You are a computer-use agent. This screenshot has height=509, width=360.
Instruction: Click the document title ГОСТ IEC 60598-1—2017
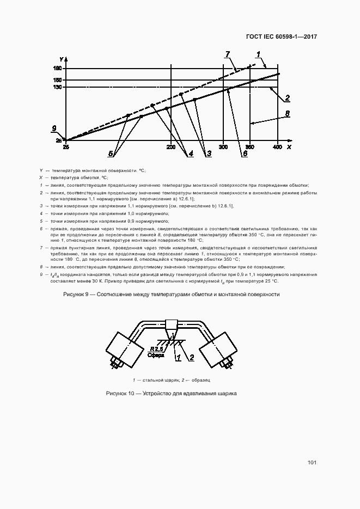tap(281, 37)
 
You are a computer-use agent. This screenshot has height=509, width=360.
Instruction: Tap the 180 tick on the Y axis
tap(57, 69)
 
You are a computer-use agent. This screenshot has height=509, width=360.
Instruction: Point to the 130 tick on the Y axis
tap(57, 87)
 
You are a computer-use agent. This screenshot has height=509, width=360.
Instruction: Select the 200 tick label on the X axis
tap(171, 148)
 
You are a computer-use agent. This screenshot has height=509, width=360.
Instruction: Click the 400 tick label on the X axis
tap(277, 148)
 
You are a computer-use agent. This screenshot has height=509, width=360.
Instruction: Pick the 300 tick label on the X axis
tap(223, 148)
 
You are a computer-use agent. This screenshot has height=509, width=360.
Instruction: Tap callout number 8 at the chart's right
tap(287, 114)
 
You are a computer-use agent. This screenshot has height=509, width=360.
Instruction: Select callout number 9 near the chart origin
tap(54, 129)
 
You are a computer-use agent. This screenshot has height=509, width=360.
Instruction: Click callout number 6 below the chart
tap(245, 154)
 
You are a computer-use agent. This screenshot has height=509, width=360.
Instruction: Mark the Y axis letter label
tap(64, 59)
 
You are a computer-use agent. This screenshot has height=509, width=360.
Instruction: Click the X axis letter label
tap(289, 147)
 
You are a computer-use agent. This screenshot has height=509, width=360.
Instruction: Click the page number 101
tap(312, 463)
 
